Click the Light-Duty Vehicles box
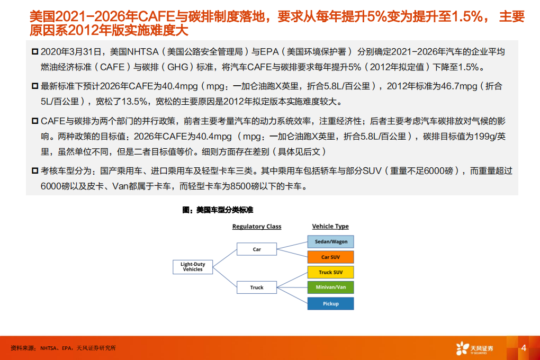[x=193, y=267]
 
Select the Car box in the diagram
[x=257, y=249]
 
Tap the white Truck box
[x=257, y=287]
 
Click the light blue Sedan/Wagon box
[x=331, y=242]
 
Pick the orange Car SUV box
[x=331, y=257]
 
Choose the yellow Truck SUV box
[x=331, y=273]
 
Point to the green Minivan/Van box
[x=331, y=288]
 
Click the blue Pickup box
[x=331, y=303]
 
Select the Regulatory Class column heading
[x=257, y=227]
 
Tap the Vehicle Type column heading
[x=330, y=227]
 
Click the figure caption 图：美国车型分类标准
[x=218, y=210]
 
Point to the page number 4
[x=524, y=348]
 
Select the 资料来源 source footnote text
[x=63, y=348]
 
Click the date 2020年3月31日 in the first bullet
[x=69, y=51]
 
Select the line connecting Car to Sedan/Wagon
[x=292, y=246]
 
